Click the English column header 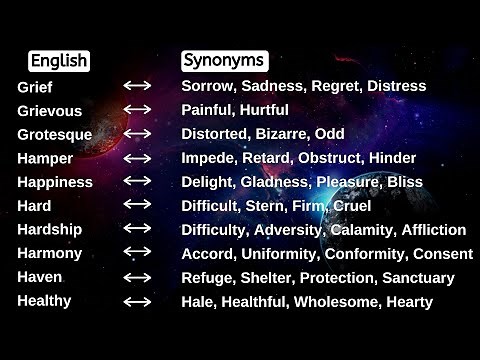click(58, 61)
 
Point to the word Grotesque click(55, 134)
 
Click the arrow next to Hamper click(137, 158)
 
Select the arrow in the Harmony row click(137, 253)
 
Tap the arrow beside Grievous click(137, 110)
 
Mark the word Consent click(443, 253)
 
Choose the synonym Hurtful click(265, 110)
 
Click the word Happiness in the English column click(55, 182)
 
